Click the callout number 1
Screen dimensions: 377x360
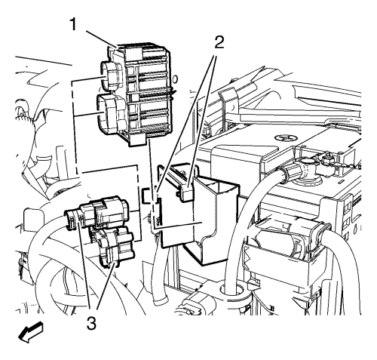73,25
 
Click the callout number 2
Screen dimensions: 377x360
219,42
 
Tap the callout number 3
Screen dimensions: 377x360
91,323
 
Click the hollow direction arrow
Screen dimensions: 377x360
31,332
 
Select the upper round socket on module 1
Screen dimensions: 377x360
111,76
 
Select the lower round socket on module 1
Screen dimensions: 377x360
109,114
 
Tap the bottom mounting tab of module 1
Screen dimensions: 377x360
137,140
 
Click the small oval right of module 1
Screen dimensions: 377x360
176,79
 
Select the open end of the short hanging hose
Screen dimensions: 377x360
161,301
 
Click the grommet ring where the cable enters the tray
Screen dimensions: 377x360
233,290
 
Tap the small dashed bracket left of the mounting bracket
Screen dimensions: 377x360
148,195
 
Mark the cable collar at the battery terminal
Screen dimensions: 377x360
289,173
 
